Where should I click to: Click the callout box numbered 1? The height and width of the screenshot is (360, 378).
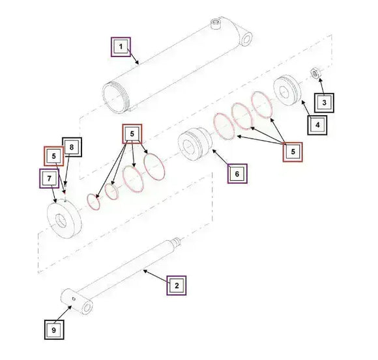pyautogui.click(x=120, y=47)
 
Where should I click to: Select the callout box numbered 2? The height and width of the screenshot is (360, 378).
pyautogui.click(x=176, y=284)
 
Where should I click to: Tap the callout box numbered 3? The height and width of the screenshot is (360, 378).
pyautogui.click(x=323, y=102)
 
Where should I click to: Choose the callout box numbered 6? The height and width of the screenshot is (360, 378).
pyautogui.click(x=237, y=174)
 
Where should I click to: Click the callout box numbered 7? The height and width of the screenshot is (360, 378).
pyautogui.click(x=49, y=177)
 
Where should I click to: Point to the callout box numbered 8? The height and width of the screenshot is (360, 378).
pyautogui.click(x=72, y=148)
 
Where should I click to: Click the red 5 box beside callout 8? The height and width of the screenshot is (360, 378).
pyautogui.click(x=53, y=156)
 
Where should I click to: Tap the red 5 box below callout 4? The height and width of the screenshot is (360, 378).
pyautogui.click(x=293, y=152)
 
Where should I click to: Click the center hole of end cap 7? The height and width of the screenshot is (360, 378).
pyautogui.click(x=62, y=219)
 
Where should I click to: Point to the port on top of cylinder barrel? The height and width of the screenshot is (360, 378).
pyautogui.click(x=216, y=25)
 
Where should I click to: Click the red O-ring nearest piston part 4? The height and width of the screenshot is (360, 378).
pyautogui.click(x=262, y=105)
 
